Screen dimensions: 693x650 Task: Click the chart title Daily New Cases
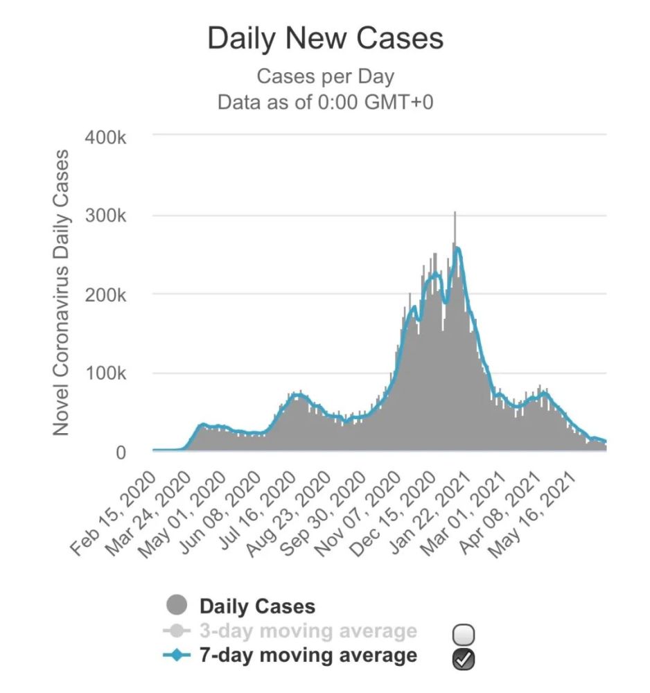tap(325, 39)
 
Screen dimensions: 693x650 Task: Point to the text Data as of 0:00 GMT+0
tap(325, 102)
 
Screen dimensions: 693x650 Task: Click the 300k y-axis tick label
tap(106, 216)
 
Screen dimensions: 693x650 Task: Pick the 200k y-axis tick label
tap(106, 295)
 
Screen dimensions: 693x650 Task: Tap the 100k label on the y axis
tap(106, 374)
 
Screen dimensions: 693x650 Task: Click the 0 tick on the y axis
tap(120, 453)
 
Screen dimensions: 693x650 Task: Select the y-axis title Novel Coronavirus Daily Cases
tap(62, 292)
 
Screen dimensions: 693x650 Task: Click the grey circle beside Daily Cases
tap(177, 606)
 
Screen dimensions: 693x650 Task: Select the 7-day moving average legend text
tap(308, 655)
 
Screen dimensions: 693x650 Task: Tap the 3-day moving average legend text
tap(308, 631)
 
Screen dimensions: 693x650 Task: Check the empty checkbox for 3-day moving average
tap(464, 634)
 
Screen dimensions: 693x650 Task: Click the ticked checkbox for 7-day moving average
tap(464, 659)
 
